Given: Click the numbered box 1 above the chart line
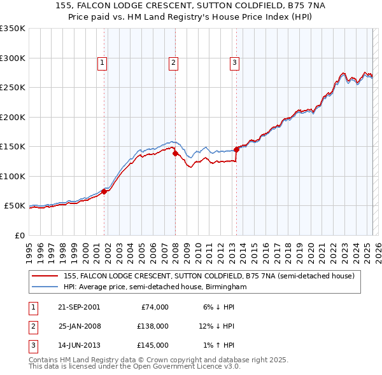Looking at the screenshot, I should [102, 62].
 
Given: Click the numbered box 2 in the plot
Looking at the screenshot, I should [173, 62].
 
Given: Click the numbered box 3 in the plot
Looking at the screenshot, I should [234, 62].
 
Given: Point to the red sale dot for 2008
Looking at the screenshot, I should [175, 153].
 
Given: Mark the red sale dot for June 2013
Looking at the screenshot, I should [236, 149].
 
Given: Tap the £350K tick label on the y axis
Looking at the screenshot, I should [13, 29].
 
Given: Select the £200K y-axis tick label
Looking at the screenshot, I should [13, 117].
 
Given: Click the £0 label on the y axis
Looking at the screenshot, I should [20, 235].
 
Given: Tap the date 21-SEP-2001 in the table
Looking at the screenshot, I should [79, 307].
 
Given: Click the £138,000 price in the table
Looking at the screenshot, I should [153, 326].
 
